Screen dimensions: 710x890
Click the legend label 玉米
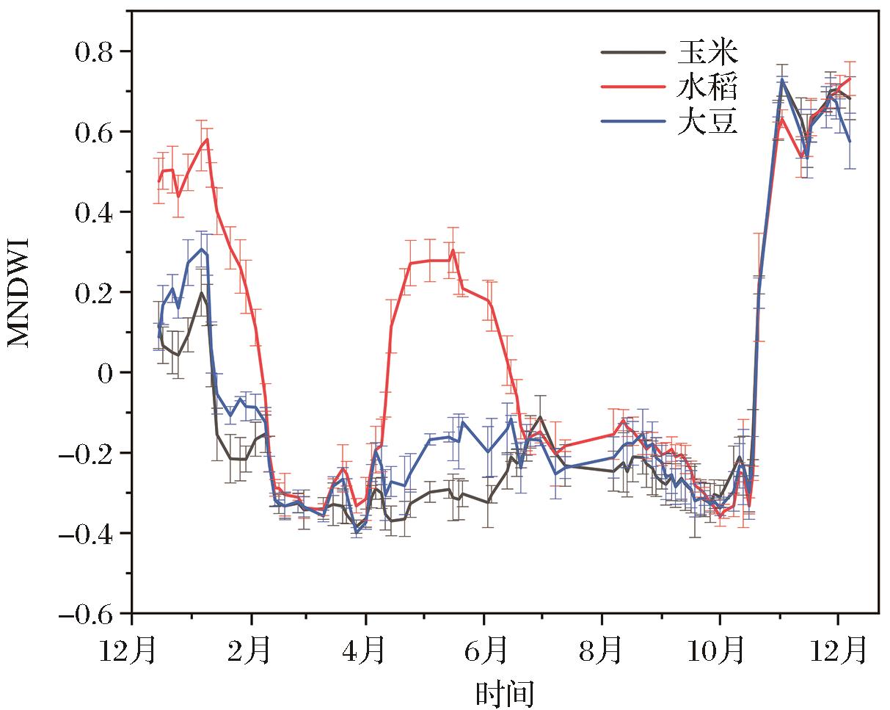(x=707, y=53)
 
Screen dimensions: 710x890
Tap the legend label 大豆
(x=707, y=123)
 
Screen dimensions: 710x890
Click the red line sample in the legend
(x=634, y=87)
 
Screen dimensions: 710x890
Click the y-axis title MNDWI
(x=21, y=291)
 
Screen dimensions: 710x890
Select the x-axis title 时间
(x=505, y=692)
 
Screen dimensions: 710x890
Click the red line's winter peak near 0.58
(x=208, y=139)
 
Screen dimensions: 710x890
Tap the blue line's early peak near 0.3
(x=202, y=249)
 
